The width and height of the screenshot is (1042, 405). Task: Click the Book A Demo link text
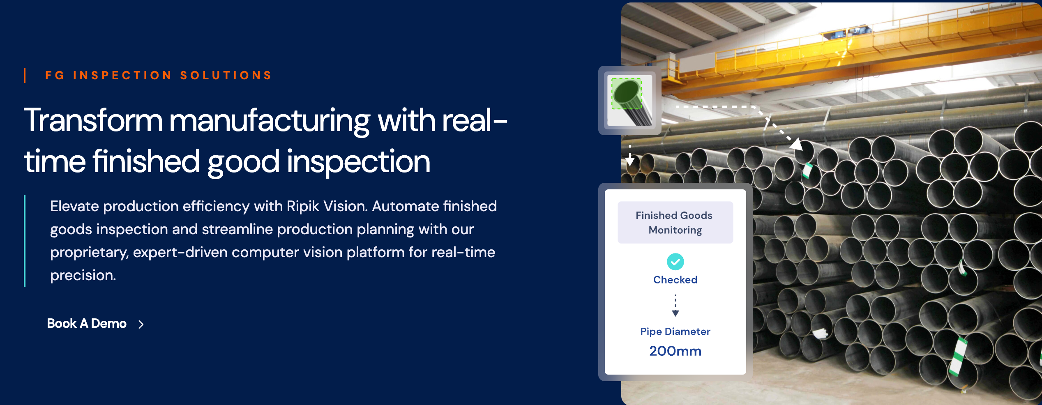point(87,324)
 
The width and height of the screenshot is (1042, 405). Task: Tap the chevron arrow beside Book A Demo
point(141,324)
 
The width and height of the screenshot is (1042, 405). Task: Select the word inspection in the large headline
point(358,162)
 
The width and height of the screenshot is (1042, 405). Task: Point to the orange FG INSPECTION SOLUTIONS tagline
point(159,76)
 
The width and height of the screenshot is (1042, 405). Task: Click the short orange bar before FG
point(25,76)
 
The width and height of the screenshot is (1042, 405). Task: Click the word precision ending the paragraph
point(83,275)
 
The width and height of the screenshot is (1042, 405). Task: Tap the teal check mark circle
point(675,262)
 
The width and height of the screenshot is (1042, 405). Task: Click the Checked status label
point(675,280)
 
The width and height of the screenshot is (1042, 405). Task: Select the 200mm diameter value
point(675,351)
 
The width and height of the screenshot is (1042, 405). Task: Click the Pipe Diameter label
point(675,331)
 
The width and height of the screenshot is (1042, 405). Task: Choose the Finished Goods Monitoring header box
point(675,222)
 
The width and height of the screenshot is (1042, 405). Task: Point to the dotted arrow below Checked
point(675,305)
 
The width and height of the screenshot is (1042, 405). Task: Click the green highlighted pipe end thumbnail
point(630,100)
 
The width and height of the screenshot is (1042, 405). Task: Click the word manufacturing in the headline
point(270,121)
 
